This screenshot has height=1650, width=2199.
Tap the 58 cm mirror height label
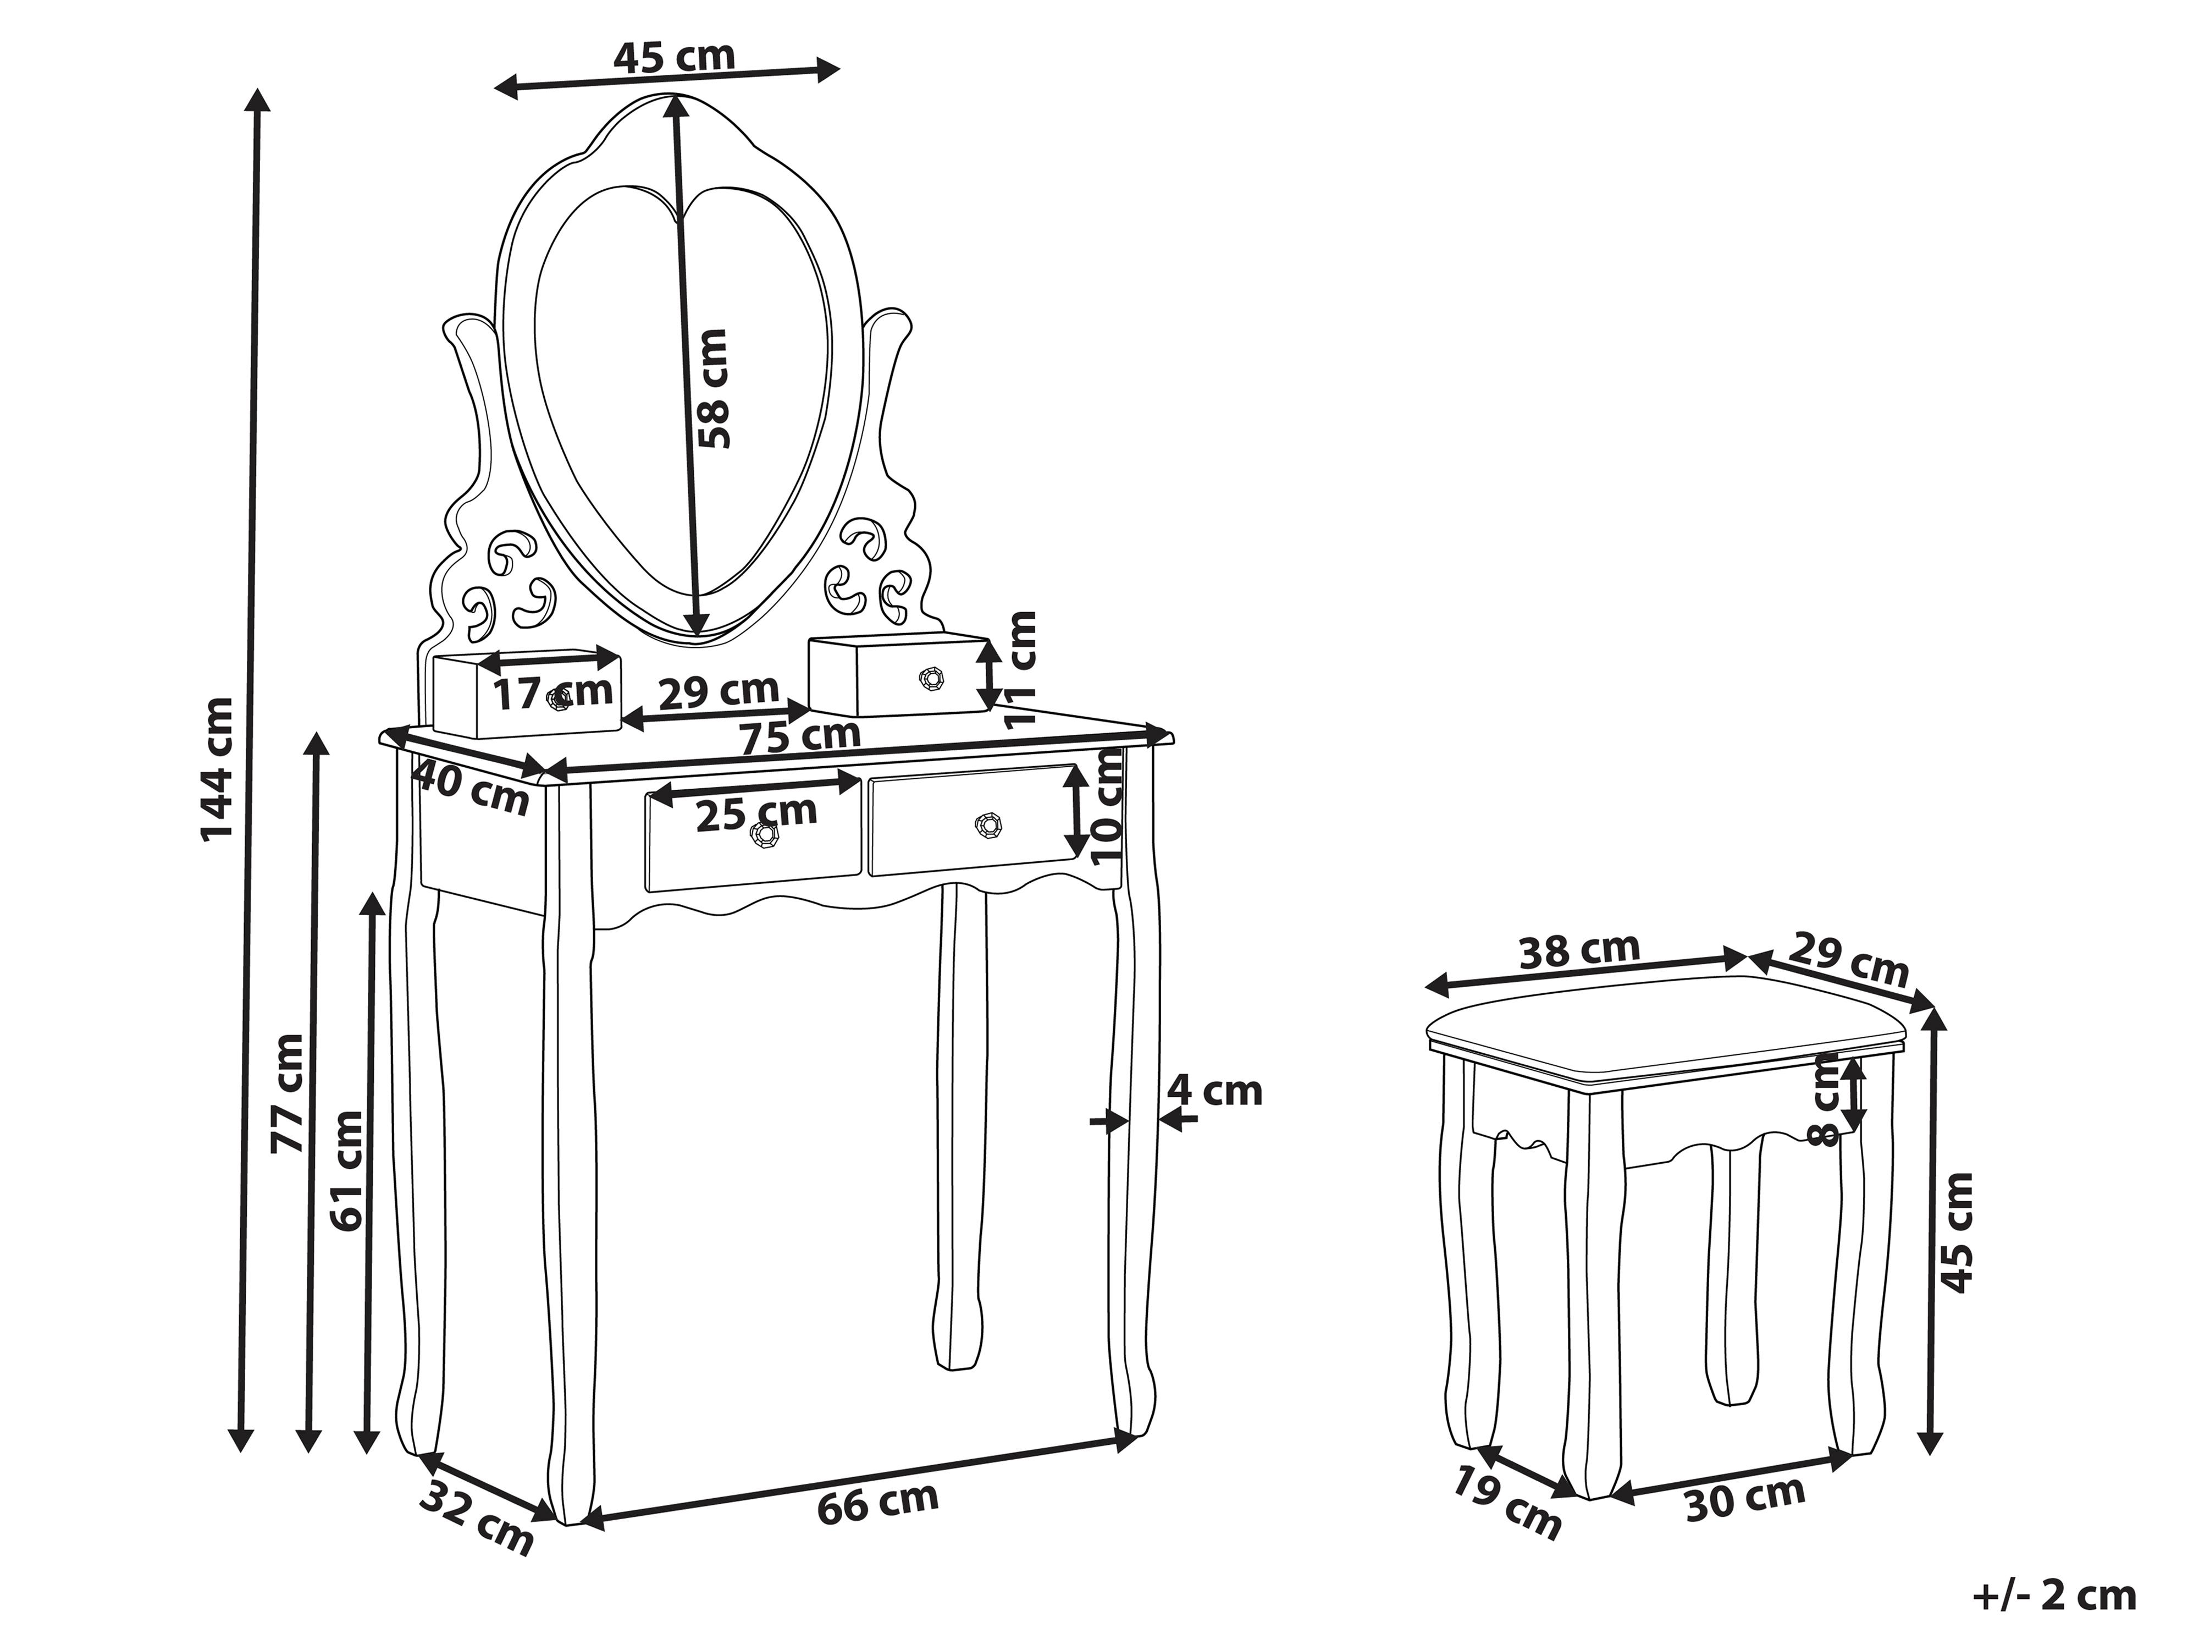[x=713, y=389]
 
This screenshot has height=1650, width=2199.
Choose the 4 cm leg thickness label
[x=1214, y=1091]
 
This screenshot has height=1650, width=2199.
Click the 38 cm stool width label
[x=1579, y=951]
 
